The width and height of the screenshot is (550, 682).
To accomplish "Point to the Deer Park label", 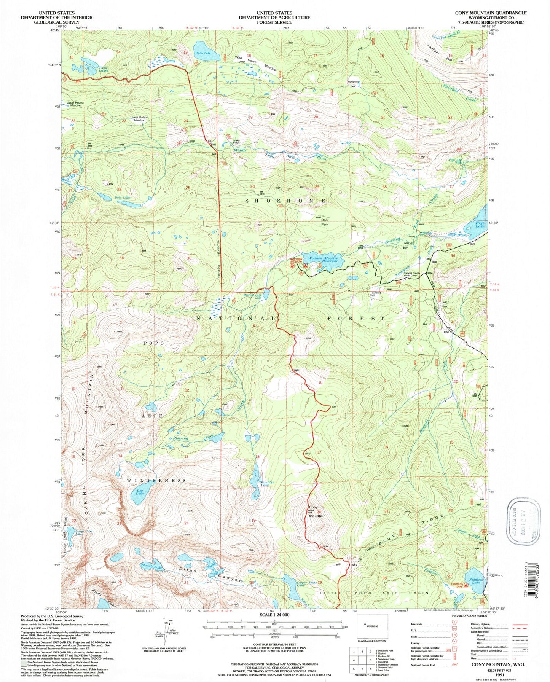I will click(325, 222).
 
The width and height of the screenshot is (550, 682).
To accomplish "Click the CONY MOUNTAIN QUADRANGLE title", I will click(491, 13).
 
